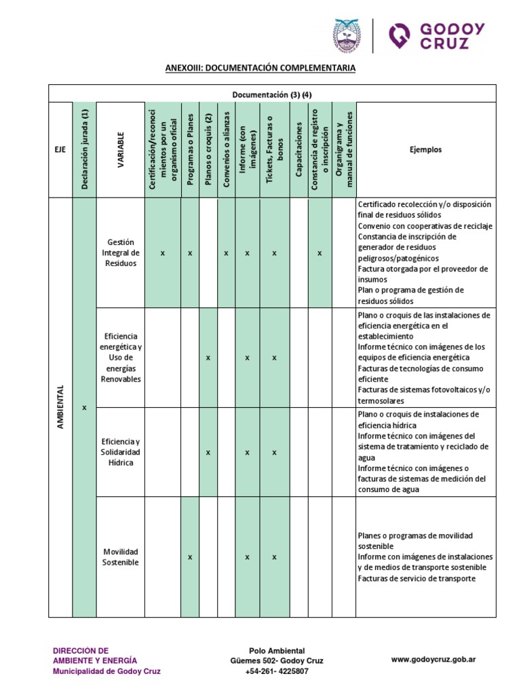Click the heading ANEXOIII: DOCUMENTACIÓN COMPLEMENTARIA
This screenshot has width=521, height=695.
point(261,69)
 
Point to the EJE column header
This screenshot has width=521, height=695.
point(60,149)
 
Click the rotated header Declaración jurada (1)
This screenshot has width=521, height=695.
point(85,149)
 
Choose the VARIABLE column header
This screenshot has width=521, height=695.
point(120,149)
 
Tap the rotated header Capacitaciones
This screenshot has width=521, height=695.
point(298,149)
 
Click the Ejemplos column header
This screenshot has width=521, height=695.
point(425,149)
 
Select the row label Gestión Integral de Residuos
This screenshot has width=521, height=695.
point(120,252)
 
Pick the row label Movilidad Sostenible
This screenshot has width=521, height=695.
point(120,557)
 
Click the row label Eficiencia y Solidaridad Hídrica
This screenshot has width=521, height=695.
point(120,452)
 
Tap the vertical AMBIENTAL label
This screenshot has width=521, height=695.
point(60,407)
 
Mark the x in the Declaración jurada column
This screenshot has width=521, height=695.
point(85,407)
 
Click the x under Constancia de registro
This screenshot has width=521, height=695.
point(320,252)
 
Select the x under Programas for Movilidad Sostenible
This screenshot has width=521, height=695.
point(190,557)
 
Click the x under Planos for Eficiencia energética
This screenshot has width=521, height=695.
point(208,357)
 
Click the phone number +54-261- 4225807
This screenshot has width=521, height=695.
point(277,671)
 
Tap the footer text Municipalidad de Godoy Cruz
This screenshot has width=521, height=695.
point(107,671)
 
